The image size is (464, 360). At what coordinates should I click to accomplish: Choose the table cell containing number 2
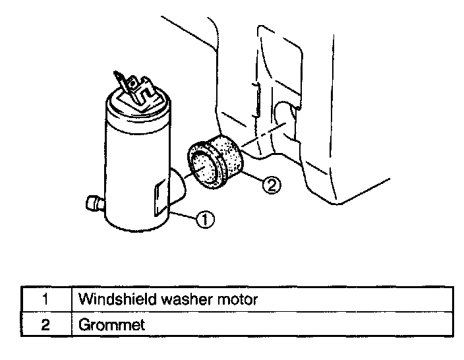45,324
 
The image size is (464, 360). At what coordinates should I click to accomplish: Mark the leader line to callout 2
252,177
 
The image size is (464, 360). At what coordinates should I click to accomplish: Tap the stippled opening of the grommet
205,165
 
